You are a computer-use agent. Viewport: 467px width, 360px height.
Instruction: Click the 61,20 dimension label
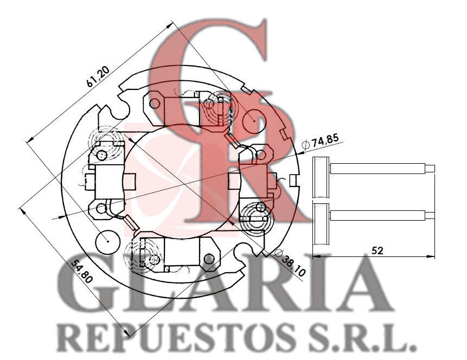[98, 76]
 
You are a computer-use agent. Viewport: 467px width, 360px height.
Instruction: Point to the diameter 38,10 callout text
[290, 262]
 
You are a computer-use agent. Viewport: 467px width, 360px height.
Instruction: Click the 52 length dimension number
[377, 250]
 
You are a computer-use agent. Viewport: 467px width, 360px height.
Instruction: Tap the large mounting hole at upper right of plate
[253, 121]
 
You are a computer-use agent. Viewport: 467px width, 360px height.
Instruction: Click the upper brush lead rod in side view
[382, 169]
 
